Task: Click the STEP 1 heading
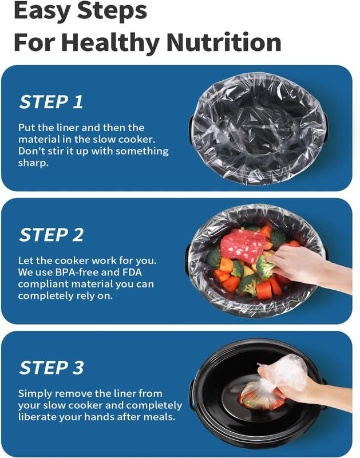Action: (51, 102)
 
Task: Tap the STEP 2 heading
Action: (52, 235)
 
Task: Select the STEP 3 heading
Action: (52, 368)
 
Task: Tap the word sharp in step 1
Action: (33, 163)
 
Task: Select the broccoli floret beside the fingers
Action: (264, 266)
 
